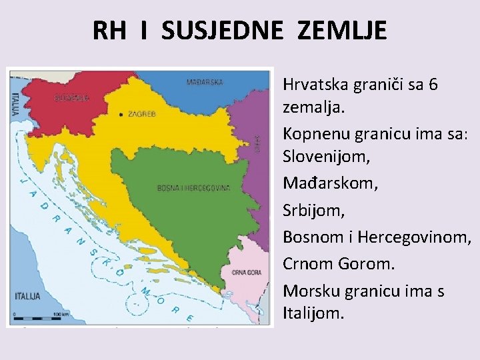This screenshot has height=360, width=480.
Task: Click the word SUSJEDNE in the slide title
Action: [x=221, y=31]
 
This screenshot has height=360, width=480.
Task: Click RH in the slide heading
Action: [x=109, y=31]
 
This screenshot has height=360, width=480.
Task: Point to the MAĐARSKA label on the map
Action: [x=204, y=83]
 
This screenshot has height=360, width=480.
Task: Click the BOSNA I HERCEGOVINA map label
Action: [x=193, y=188]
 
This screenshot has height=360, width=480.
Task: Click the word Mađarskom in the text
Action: [x=330, y=182]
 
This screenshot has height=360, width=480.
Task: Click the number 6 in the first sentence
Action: [x=433, y=85]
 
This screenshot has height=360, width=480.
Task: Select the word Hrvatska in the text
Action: [x=317, y=85]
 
